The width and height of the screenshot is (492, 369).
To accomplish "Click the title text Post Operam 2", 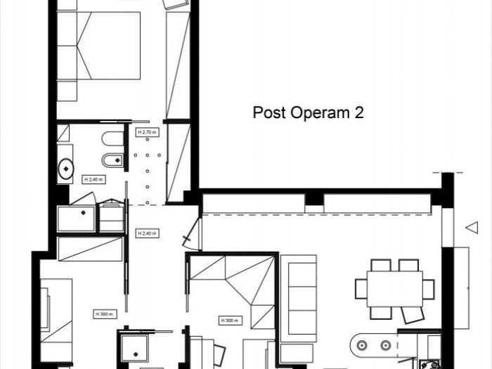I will (308, 112).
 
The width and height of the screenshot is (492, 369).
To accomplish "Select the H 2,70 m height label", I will (146, 132).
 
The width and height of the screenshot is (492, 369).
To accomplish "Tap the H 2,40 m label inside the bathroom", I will (93, 179).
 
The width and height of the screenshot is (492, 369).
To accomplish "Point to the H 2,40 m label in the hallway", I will (146, 233).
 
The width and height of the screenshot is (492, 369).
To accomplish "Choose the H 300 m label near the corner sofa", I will (231, 320).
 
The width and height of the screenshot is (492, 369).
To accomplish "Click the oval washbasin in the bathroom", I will (66, 168).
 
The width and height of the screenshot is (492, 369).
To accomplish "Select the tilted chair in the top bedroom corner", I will (176, 4).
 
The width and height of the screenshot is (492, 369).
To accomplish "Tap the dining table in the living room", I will (394, 288).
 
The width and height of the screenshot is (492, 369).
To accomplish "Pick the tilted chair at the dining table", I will (413, 314).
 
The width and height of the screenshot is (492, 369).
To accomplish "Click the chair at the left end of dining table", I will (361, 289).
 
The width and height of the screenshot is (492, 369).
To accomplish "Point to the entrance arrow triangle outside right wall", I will (472, 227).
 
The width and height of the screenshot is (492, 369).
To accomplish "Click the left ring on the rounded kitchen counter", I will (362, 345).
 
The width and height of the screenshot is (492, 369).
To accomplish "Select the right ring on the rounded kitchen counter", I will (385, 345).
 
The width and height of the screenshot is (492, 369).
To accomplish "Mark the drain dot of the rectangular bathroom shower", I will (83, 212).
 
